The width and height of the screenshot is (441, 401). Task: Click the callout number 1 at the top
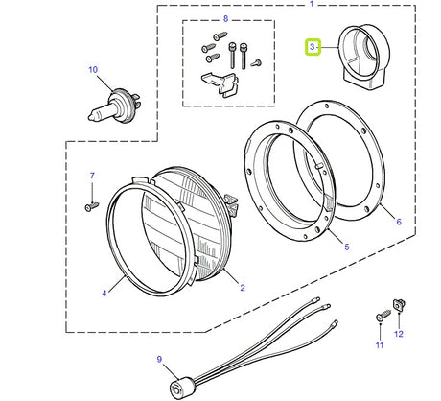pos(312,4)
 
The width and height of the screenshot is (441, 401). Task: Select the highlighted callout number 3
pos(311,46)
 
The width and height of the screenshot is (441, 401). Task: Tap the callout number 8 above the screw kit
pos(226,19)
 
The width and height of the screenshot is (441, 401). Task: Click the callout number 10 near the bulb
pos(93,69)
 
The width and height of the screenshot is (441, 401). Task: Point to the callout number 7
pos(92,176)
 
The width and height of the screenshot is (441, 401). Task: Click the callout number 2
pos(243,288)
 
